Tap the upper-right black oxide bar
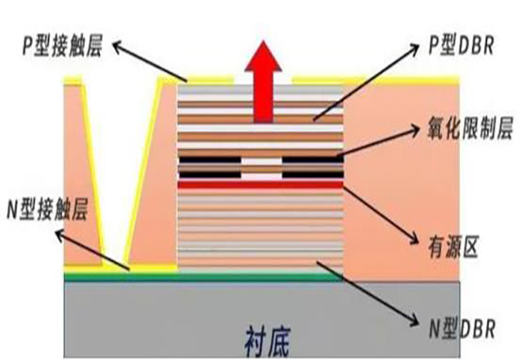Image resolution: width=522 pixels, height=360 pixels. (312, 157)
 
